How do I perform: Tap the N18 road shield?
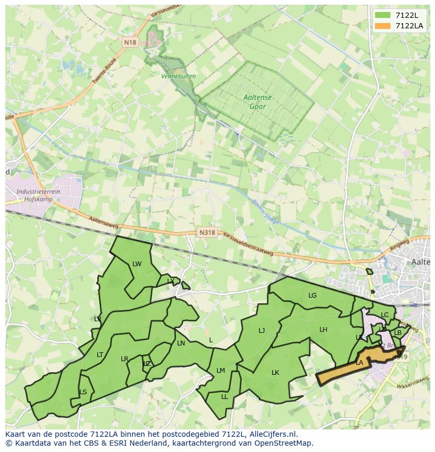coord(130,42)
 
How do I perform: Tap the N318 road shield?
coord(207,232)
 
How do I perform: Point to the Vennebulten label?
coord(179,76)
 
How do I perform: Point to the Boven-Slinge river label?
coord(265,211)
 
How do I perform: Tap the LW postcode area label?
coord(137,264)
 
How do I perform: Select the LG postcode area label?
coord(313,296)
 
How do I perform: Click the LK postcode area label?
coord(275,373)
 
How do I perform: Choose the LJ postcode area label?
coord(262,331)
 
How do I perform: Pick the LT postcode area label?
coord(100,355)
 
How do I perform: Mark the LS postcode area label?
coord(83,392)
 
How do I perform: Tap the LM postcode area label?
coord(221,371)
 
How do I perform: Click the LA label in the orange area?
coord(359,363)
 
